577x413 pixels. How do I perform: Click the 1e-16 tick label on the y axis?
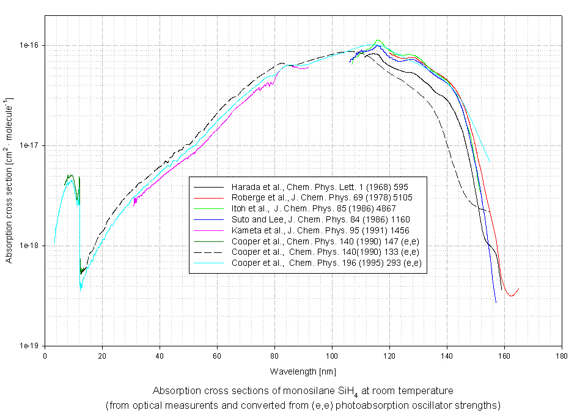point(29,46)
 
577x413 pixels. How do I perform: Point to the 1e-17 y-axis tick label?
point(29,146)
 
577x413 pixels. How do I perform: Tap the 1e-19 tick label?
point(29,346)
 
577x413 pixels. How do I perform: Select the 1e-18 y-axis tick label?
point(29,246)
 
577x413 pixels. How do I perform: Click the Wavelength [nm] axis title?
point(303,371)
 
